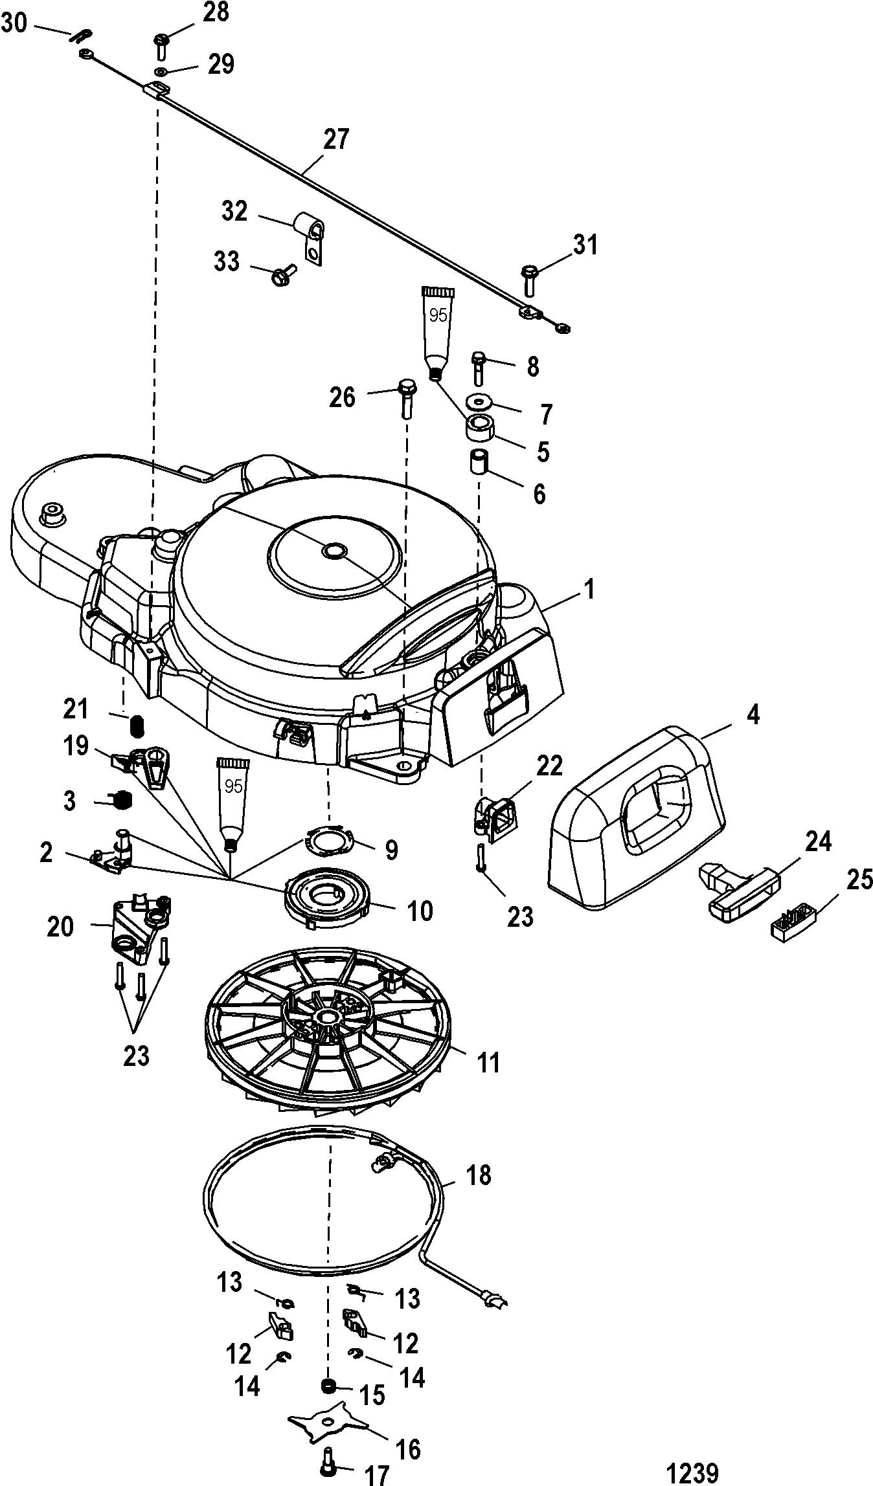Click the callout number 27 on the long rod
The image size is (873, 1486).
click(x=336, y=140)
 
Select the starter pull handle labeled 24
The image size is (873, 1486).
click(x=736, y=887)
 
